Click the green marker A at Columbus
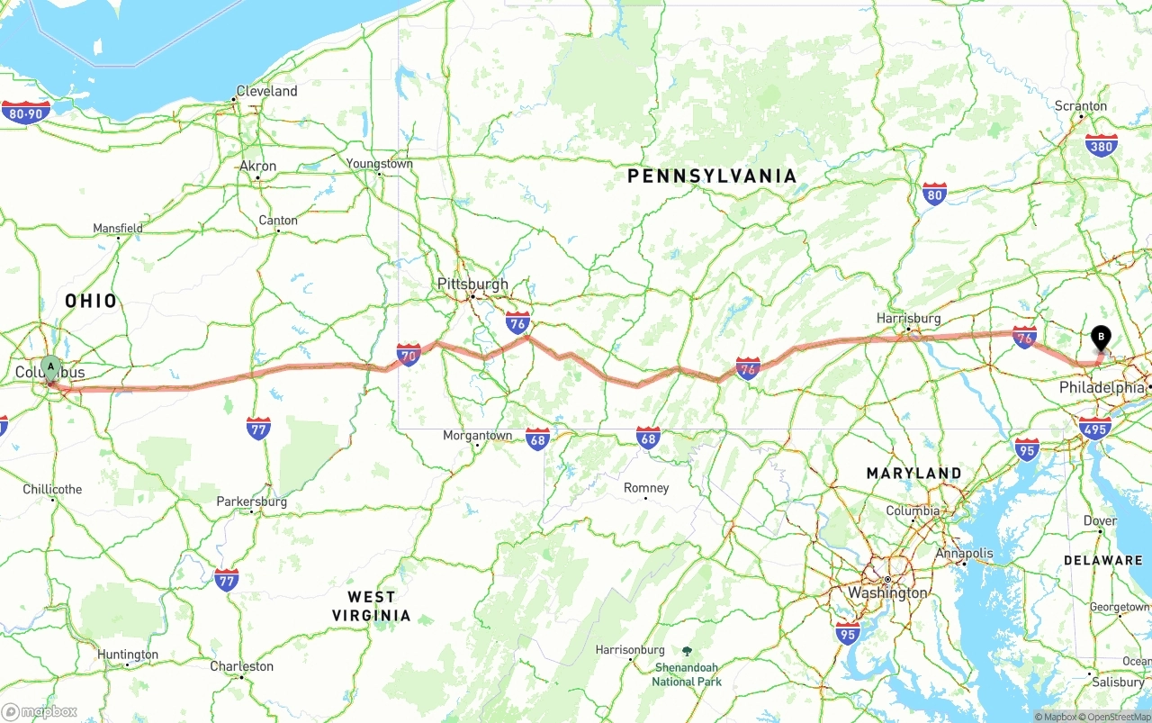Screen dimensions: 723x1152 pos(51,366)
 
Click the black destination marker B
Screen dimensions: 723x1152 pos(1100,337)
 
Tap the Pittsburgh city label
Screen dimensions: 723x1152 pos(472,285)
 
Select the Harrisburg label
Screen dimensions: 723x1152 pos(909,319)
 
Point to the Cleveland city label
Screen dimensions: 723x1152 pos(266,92)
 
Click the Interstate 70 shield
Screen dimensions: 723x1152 pos(409,354)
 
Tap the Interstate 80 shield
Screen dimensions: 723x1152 pos(934,194)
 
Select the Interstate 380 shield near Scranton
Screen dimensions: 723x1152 pos(1102,146)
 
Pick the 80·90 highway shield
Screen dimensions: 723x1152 pos(26,113)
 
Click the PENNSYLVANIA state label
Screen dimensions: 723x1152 pos(712,176)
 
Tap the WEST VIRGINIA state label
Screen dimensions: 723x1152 pos(371,606)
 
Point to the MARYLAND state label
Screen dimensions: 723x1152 pos(913,474)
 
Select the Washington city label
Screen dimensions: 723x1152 pos(886,592)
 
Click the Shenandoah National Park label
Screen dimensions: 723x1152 pos(687,673)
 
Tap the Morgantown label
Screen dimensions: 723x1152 pos(477,436)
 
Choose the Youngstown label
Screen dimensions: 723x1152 pos(380,164)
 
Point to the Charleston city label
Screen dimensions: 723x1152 pos(241,666)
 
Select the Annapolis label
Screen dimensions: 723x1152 pos(964,554)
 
